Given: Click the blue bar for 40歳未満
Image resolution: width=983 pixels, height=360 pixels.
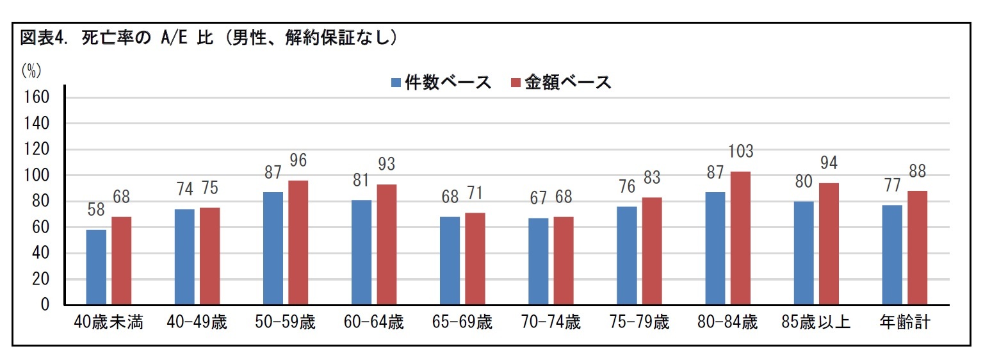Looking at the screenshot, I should [96, 267].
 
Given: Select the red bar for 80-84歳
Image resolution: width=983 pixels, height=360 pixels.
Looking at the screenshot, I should [740, 238].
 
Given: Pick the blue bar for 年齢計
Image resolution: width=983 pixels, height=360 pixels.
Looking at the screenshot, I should [892, 255].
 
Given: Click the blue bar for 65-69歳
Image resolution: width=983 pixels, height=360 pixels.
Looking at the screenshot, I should [450, 261].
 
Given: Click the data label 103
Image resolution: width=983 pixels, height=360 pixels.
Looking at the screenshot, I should [740, 152].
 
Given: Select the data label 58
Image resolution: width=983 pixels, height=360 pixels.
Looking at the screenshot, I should [96, 210].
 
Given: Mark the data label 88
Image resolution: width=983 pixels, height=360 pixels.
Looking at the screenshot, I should [917, 172].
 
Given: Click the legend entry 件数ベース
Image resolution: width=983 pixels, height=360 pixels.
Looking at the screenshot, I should [441, 83].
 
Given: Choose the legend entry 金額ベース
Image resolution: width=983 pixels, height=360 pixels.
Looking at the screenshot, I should [561, 83].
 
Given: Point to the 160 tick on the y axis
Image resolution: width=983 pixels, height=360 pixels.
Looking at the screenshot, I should [37, 97].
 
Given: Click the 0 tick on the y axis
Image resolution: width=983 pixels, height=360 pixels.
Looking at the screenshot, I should [45, 306].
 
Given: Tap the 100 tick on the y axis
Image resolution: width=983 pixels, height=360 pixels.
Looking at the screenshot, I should [37, 176].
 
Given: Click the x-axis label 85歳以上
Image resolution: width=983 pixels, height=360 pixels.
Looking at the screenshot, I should [816, 322].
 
